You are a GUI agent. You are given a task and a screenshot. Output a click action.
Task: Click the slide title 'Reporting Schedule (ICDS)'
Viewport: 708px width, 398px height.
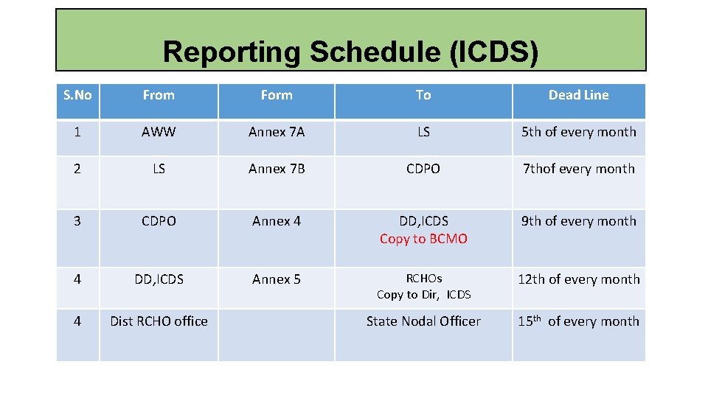pos(350,52)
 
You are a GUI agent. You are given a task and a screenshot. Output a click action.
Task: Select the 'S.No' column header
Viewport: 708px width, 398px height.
pos(77,95)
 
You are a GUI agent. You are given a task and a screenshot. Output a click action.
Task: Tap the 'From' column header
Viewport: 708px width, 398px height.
pos(159,95)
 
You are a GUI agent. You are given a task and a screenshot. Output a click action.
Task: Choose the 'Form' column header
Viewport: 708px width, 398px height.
pos(277,95)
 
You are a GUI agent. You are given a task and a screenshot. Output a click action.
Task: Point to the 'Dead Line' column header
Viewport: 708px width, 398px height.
pos(578,95)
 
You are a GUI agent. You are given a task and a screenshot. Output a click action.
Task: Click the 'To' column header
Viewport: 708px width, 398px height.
pos(423,95)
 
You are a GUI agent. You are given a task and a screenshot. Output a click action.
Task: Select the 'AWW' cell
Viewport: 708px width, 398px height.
pos(159,132)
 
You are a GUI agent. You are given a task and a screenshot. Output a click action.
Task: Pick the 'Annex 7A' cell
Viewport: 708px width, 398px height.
pos(277,132)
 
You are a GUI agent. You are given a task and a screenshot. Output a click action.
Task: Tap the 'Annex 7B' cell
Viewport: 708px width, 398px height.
pos(277,169)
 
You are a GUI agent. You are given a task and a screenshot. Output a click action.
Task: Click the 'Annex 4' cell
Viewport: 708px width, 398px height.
pos(277,221)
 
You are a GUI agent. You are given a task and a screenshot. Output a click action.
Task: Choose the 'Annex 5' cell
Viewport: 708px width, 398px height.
pos(277,279)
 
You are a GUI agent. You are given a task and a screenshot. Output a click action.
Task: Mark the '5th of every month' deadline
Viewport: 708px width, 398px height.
pos(578,132)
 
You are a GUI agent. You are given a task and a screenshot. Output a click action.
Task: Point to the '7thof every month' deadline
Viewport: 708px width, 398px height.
pos(578,169)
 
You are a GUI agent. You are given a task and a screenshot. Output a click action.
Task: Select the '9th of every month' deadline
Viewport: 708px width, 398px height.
pos(578,221)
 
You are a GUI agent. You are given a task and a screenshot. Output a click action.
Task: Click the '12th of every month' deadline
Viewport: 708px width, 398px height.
pos(578,279)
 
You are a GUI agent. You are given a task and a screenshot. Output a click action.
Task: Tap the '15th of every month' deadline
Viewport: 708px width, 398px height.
pos(578,321)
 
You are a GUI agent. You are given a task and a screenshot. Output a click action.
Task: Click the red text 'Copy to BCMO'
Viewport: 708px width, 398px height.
pos(423,239)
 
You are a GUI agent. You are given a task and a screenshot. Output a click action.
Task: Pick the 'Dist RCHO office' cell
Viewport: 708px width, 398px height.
pos(159,321)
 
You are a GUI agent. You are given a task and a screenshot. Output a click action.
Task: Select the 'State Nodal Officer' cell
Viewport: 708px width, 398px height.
pos(423,321)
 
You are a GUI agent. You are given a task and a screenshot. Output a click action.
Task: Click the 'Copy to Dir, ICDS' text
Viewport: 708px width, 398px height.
pos(423,295)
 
